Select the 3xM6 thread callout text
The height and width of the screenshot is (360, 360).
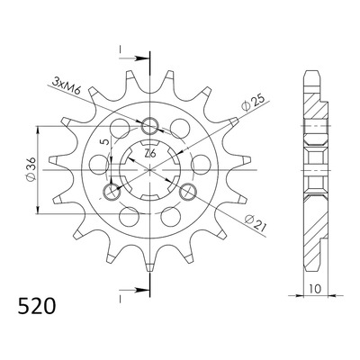tap(67, 85)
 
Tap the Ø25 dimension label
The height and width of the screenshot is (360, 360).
tap(254, 103)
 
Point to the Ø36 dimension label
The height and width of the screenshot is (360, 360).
tap(31, 169)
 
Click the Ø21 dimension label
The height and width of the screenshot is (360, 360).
tap(256, 223)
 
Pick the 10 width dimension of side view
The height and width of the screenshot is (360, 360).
tap(315, 289)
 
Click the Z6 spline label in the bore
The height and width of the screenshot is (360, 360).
tap(149, 154)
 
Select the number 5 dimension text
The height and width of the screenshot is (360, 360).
tap(104, 142)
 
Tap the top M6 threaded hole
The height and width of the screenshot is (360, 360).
tap(149, 126)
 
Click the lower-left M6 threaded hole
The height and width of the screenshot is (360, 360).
tap(112, 192)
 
